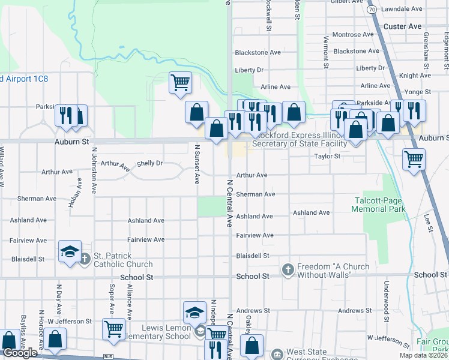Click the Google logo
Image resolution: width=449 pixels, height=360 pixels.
pos(20,353)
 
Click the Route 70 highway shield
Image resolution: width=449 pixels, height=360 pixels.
pos(372,10)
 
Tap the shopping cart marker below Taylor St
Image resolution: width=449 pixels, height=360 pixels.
pos(414,160)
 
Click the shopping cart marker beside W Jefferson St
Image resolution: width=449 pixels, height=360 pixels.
pos(113,329)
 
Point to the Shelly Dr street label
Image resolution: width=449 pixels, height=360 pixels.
pos(150,163)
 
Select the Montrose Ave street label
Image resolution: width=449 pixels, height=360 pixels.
pos(353,35)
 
